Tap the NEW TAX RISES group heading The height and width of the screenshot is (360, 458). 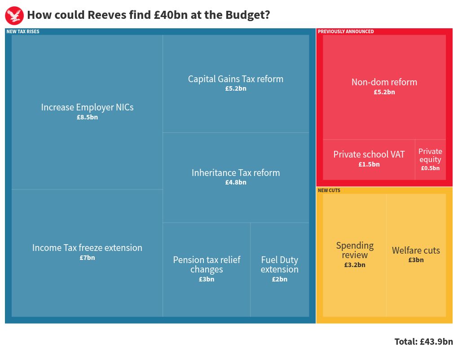(x=23, y=31)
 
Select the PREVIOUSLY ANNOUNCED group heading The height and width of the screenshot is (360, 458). (x=346, y=31)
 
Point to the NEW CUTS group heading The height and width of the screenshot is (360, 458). (x=329, y=190)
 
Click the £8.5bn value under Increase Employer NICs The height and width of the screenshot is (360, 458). (x=87, y=117)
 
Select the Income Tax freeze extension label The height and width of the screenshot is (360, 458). (x=87, y=248)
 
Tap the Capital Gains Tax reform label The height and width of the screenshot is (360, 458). (x=236, y=79)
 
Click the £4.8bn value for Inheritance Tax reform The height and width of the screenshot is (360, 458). (x=236, y=182)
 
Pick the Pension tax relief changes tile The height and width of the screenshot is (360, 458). (x=207, y=269)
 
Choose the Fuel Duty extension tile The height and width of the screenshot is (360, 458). (x=279, y=269)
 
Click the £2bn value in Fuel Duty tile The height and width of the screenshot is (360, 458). (x=279, y=279)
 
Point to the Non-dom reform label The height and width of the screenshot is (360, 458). (x=384, y=82)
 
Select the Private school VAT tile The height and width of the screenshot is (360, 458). (x=369, y=159)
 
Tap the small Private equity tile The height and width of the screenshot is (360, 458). (x=430, y=159)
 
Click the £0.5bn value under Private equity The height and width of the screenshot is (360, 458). (x=430, y=168)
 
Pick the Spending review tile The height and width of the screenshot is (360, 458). (x=355, y=255)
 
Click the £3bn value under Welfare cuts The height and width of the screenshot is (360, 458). (x=416, y=260)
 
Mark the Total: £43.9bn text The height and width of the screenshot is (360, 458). (x=423, y=342)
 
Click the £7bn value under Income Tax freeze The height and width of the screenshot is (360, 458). (x=87, y=258)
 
